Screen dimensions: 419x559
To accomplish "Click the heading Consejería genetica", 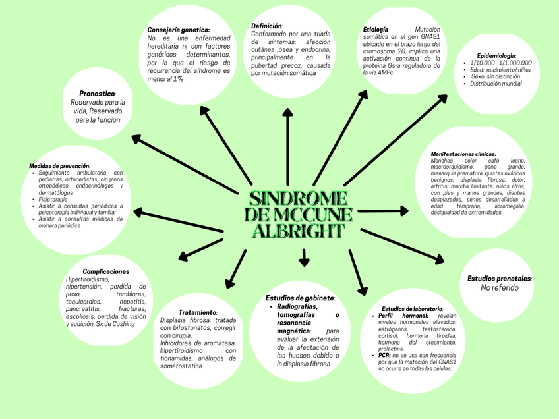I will point(178,30).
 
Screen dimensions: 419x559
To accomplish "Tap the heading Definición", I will point(266,26).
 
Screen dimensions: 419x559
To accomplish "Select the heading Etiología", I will point(376,30).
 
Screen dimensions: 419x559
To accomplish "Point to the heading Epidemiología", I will point(496,55).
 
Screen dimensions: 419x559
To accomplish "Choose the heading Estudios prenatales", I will point(499,279).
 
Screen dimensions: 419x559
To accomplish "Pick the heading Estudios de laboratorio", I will point(412,308).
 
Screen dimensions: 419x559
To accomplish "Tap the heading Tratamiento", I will point(198,312).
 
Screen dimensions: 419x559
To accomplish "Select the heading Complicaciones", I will point(105,271).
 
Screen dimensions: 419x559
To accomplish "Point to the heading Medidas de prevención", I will point(59,165).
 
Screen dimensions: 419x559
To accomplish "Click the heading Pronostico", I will point(97,94).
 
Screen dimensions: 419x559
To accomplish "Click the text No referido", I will point(499,288).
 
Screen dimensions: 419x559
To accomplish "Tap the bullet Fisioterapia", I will point(53,199).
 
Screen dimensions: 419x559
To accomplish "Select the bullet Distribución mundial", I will point(496,84).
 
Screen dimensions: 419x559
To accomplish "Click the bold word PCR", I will point(384,355).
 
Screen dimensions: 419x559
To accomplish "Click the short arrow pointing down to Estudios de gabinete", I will point(304,258).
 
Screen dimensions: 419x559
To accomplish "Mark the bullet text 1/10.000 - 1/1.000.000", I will point(501,63).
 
